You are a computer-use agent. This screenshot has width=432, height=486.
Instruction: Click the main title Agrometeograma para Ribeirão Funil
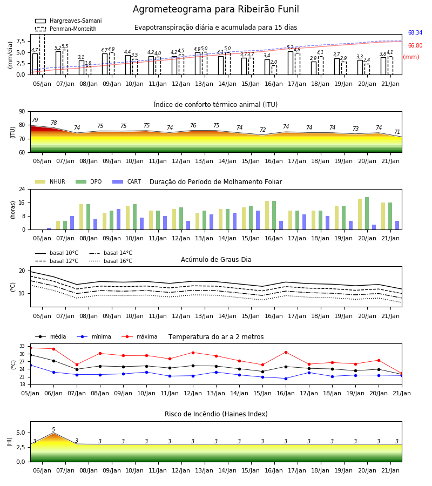click(215, 9)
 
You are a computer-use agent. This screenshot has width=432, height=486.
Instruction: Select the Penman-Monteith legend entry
click(66, 29)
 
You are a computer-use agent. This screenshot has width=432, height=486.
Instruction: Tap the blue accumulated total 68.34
click(415, 32)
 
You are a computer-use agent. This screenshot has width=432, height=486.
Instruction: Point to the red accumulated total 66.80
click(415, 45)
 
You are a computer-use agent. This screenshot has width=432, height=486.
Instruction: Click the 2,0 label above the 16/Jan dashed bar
click(274, 62)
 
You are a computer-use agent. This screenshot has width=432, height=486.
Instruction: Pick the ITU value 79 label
click(35, 120)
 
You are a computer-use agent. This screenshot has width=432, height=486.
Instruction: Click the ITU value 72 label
click(263, 130)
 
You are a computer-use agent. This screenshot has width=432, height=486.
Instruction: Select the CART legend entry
click(127, 181)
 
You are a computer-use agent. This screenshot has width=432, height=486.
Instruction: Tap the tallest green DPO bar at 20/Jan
click(367, 213)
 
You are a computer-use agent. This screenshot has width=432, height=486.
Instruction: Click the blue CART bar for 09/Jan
click(118, 219)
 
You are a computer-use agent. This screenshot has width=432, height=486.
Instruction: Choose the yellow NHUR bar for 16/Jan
click(267, 215)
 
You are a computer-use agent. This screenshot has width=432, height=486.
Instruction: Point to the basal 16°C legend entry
click(111, 261)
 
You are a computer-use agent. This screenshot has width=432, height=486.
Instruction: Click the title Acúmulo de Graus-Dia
click(216, 260)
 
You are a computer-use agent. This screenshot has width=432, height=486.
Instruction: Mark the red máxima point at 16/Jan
click(286, 353)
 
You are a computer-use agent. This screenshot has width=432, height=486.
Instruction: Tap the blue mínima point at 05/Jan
click(30, 366)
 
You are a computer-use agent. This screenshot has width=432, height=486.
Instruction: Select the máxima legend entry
click(139, 336)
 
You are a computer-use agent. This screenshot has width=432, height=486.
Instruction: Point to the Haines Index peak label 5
click(53, 430)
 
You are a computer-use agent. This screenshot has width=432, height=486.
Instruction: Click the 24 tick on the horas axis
click(22, 189)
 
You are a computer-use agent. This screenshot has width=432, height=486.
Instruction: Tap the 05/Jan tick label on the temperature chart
click(30, 393)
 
